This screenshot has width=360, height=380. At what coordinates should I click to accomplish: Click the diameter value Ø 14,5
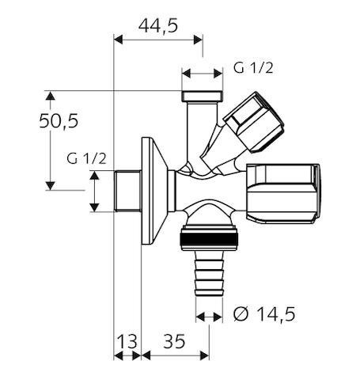coord(265,315)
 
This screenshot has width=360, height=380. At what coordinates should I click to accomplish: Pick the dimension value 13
coord(127,342)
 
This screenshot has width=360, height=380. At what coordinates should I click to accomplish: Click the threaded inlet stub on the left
coord(126,192)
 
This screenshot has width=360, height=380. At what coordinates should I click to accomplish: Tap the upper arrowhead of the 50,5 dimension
coord(50,96)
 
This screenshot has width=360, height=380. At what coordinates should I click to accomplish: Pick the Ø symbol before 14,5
coord(242,315)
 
